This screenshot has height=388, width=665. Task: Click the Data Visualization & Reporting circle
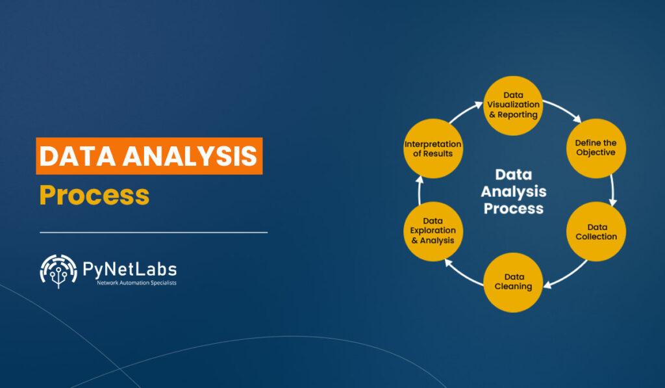point(513,105)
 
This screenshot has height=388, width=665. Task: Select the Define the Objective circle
point(596,148)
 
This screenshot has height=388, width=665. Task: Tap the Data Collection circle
point(596,231)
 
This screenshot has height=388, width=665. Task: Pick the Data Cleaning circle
point(513,281)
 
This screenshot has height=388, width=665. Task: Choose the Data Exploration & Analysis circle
point(433,231)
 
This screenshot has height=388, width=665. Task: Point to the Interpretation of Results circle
point(433,148)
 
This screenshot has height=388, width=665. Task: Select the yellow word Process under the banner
point(94,195)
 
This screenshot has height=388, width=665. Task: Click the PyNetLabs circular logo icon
point(58,270)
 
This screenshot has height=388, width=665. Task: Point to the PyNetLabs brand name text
point(129,268)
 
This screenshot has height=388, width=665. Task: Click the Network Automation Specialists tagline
point(136,283)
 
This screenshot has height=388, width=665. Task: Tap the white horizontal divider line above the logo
point(153,231)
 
